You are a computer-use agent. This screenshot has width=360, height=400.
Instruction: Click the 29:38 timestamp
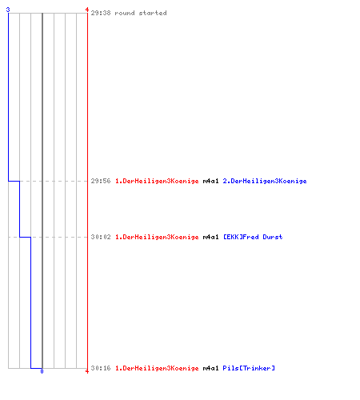coord(101,13)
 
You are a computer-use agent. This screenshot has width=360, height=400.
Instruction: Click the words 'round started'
coord(141,13)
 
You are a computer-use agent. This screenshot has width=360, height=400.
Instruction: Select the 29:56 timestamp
coord(101,181)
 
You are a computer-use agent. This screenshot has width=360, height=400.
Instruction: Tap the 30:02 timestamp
coord(101,237)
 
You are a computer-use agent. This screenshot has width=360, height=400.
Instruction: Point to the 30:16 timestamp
coord(101,368)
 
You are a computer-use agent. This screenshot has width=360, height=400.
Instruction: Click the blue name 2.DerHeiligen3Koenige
coord(265,182)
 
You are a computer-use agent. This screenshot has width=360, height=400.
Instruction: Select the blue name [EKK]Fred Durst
coord(253,237)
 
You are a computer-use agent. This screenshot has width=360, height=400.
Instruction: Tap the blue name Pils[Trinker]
coord(249,368)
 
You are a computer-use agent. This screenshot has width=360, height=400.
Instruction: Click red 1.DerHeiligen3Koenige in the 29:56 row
coord(157,182)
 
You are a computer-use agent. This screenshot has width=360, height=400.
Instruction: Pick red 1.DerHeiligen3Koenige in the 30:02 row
coord(157,238)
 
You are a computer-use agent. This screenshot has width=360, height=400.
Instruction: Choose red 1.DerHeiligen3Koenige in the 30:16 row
coord(157,369)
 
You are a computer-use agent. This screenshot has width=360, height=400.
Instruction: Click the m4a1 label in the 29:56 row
coord(210,181)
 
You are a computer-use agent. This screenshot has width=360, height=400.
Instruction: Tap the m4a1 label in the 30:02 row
coord(210,237)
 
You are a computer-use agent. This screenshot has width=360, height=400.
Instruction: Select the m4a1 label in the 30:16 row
coord(210,368)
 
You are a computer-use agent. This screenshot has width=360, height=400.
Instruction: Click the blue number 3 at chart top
coord(8,10)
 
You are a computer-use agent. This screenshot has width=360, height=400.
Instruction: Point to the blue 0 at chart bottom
coord(42,371)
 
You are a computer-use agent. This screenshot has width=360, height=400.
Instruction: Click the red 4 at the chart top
coord(87,10)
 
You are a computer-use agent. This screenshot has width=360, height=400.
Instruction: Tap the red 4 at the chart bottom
coord(87,371)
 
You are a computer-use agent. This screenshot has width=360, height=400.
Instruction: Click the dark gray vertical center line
coord(42,190)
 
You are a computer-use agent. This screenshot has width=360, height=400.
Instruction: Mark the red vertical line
coord(87,190)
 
